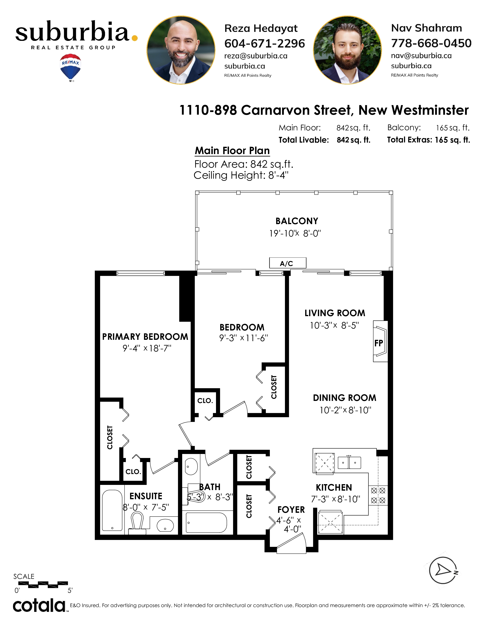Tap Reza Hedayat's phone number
(x=265, y=44)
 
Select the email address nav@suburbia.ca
(x=421, y=56)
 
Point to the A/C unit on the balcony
(x=288, y=263)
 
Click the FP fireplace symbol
(x=380, y=341)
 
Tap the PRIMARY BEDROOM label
(x=145, y=337)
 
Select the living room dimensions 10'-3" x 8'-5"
(x=334, y=325)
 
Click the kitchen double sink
(x=349, y=462)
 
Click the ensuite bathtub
(x=112, y=510)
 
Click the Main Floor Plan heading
(x=232, y=151)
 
